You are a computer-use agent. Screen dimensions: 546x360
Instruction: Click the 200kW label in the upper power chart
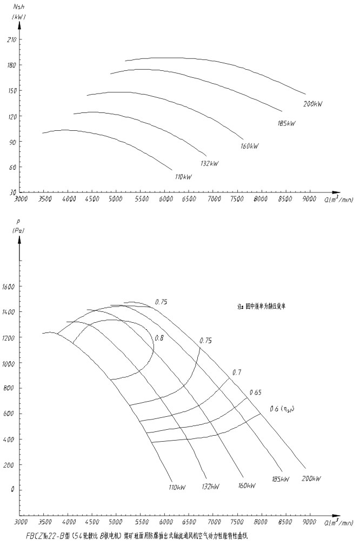pos(313,104)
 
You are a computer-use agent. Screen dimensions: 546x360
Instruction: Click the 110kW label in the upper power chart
pos(183,177)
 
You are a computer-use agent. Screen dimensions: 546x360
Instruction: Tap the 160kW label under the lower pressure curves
pos(246,485)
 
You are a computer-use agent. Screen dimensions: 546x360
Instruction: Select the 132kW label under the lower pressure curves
pos(210,486)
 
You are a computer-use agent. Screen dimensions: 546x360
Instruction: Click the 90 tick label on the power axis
pos(12,142)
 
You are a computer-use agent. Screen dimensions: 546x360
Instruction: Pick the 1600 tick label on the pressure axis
pos(9,287)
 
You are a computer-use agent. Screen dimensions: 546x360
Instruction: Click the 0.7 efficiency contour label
pos(237,372)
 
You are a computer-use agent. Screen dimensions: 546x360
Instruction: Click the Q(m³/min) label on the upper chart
pos(339,199)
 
